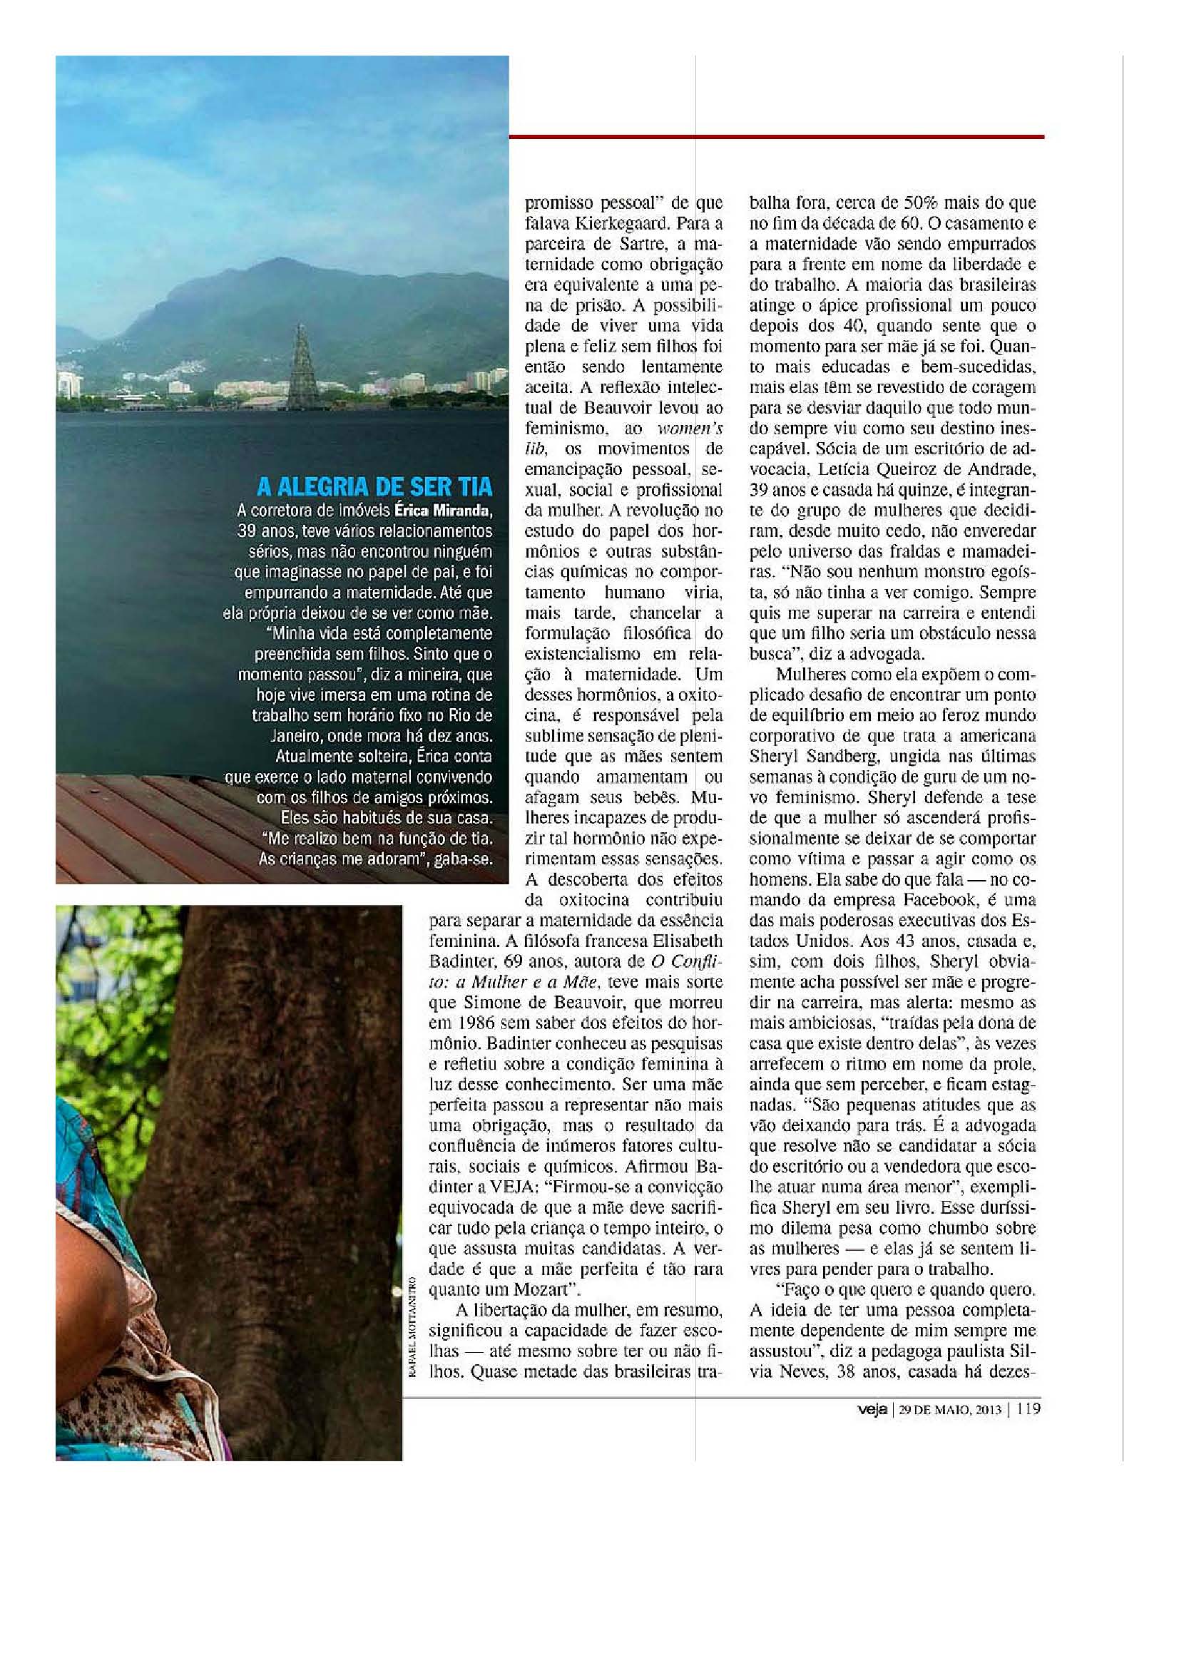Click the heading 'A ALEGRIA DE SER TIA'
point(375,486)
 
